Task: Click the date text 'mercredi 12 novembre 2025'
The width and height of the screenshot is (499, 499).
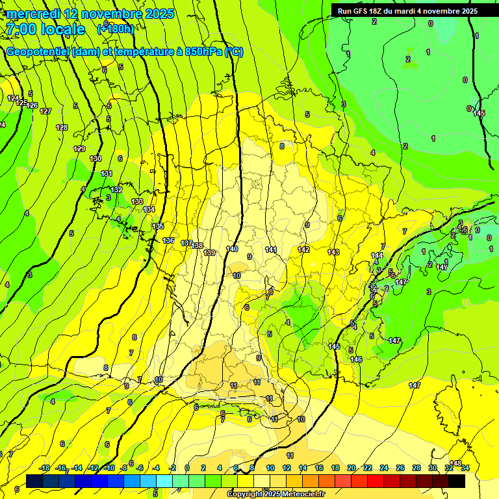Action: [90, 14]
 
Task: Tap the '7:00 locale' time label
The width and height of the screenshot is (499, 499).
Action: [45, 29]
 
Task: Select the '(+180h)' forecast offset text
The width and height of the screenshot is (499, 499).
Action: [116, 29]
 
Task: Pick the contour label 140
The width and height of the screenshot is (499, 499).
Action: [232, 249]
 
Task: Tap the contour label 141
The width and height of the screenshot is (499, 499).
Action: [271, 249]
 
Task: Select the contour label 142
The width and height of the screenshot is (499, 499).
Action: [303, 249]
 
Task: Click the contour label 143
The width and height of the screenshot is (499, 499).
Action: [333, 252]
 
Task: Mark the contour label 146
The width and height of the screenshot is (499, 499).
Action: [356, 359]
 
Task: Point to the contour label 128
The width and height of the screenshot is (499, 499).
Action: [62, 127]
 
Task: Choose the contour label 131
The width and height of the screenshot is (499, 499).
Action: [107, 173]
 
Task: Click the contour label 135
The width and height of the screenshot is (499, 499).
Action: [159, 226]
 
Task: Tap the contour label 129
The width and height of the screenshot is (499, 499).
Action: [79, 149]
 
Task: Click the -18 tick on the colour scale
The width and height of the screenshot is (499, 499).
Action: [44, 468]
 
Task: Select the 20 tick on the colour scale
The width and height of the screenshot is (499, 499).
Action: [352, 468]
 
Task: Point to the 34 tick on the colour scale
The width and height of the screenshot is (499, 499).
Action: [465, 468]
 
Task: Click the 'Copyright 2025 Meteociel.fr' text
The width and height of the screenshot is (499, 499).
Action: [276, 494]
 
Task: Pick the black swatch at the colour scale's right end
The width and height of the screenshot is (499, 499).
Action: [457, 481]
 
